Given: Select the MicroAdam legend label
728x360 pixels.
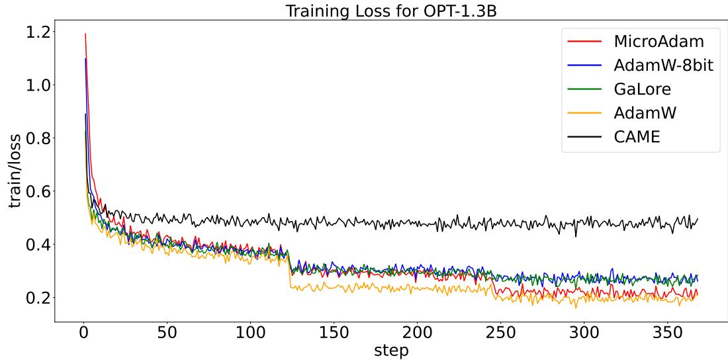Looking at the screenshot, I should click(659, 41).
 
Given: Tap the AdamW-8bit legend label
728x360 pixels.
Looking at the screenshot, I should click(663, 65).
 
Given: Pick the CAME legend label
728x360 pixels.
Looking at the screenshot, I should click(637, 137).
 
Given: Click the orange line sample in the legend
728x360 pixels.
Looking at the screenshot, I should click(584, 113).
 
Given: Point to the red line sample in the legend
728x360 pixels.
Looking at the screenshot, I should click(584, 41).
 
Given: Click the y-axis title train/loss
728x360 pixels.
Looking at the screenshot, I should click(15, 171).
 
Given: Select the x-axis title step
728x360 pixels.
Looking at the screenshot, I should click(391, 349).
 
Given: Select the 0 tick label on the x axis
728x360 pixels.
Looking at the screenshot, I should click(83, 332).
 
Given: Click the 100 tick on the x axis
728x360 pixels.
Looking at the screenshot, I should click(250, 332).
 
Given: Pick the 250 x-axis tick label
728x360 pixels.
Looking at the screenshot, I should click(500, 332).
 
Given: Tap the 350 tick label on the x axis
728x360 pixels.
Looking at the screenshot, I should click(667, 332).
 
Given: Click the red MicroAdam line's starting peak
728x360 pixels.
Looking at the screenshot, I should click(85, 34).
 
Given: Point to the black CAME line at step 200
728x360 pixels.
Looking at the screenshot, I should click(417, 223).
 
